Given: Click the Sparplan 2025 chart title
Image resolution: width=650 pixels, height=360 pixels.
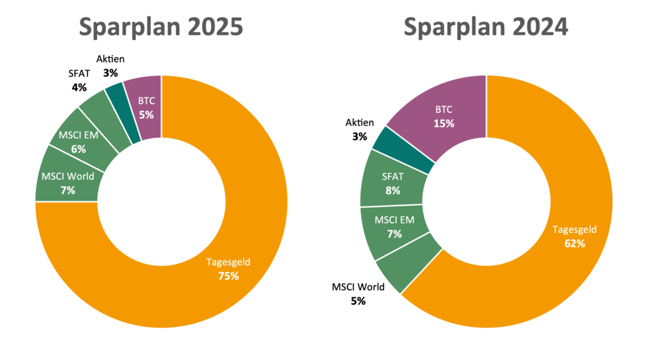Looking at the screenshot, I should click(x=161, y=27).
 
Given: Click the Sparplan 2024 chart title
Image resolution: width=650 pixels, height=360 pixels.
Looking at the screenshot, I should click(x=486, y=27).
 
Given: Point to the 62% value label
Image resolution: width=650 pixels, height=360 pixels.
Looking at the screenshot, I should click(x=574, y=243).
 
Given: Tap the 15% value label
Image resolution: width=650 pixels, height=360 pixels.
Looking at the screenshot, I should click(x=444, y=123).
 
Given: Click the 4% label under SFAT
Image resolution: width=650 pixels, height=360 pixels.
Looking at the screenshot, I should click(x=79, y=87).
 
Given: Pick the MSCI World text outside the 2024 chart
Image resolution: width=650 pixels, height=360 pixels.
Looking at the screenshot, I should click(x=358, y=287).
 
